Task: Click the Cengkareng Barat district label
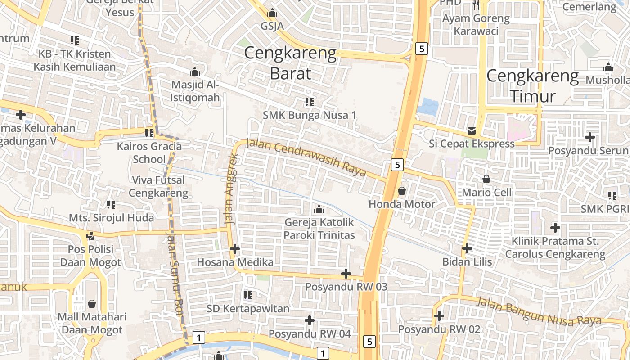tap(290, 63)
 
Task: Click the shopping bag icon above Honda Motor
tap(402, 191)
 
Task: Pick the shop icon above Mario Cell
tap(486, 179)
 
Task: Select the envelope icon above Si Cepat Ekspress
tap(471, 131)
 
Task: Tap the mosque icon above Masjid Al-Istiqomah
tap(194, 72)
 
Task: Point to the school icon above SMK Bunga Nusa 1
tap(309, 102)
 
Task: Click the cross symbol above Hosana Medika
tap(234, 249)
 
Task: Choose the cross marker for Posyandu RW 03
tap(346, 273)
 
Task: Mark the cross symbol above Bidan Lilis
tap(467, 248)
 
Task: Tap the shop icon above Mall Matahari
tap(92, 304)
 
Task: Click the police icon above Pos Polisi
tap(90, 235)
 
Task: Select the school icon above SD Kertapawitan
tap(247, 295)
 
